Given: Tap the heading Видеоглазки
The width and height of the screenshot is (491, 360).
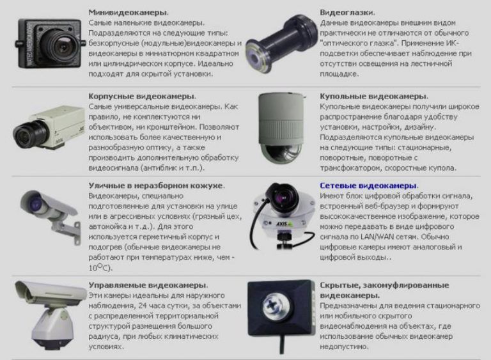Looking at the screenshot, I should (x=347, y=12).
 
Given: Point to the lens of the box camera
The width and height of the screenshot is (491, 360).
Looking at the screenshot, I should (x=26, y=133).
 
